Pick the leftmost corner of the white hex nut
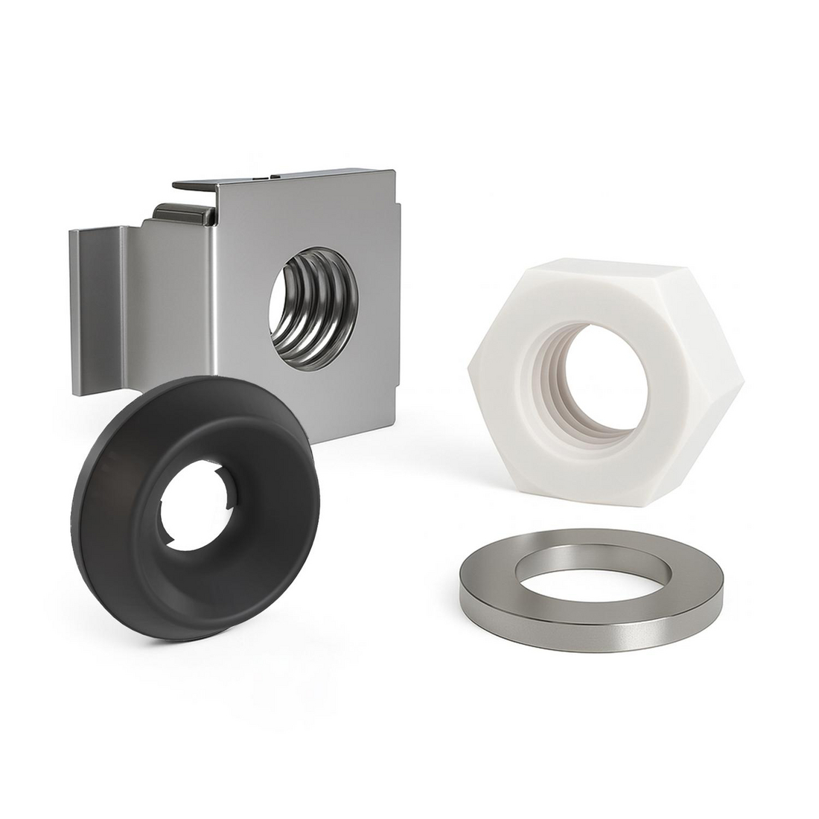pos(471,365)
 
